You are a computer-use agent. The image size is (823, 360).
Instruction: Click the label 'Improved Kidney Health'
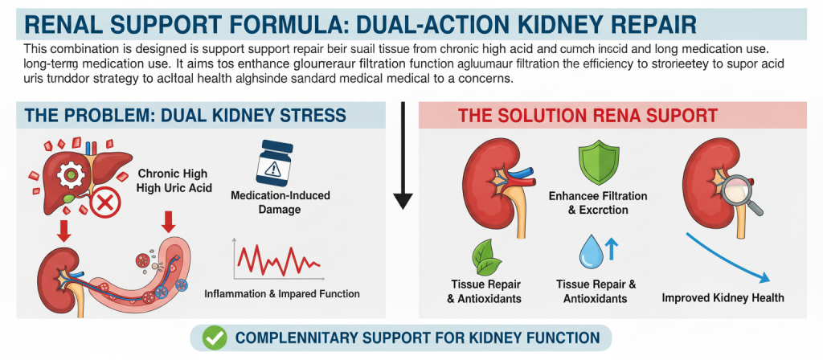723,298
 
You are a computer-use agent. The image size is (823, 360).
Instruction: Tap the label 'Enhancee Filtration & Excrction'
597,202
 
